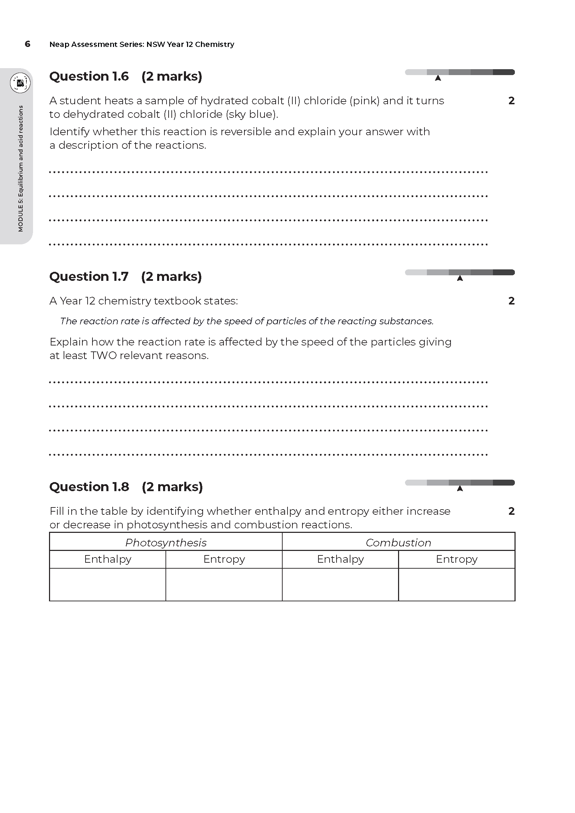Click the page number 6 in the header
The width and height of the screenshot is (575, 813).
[x=27, y=44]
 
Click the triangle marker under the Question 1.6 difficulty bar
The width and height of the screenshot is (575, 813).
[x=438, y=78]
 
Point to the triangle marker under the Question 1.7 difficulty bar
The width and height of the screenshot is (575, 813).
[x=460, y=278]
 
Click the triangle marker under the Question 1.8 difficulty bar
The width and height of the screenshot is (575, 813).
[x=460, y=488]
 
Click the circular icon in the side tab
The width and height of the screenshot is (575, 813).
[x=20, y=83]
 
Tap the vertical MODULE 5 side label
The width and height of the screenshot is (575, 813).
[x=21, y=168]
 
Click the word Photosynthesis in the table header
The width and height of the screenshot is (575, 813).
[x=166, y=543]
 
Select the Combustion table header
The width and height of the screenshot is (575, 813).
[x=398, y=543]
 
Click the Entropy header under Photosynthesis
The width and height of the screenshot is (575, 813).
[x=224, y=559]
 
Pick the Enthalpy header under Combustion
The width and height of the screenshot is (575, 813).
[x=340, y=559]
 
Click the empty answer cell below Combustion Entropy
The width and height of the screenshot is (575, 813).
[x=456, y=585]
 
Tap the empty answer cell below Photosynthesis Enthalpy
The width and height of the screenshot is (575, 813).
[x=108, y=585]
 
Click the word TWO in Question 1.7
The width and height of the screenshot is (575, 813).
[x=103, y=356]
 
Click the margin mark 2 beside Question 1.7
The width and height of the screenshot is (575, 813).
[x=511, y=301]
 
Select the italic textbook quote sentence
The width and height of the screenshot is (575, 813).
[x=247, y=321]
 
